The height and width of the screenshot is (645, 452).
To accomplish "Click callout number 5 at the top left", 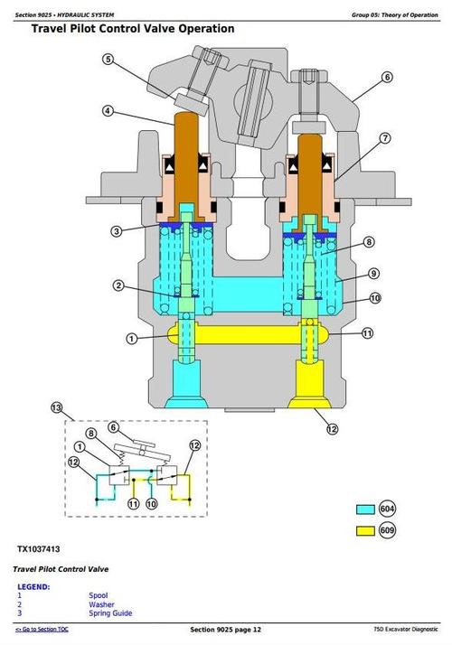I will pyautogui.click(x=108, y=61).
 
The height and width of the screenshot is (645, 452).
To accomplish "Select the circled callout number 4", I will pyautogui.click(x=108, y=112).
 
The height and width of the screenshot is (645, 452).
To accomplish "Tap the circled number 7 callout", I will pyautogui.click(x=384, y=138).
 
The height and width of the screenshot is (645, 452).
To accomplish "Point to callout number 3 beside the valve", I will pyautogui.click(x=117, y=231).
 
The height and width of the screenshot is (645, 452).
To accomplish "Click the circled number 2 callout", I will pyautogui.click(x=118, y=286).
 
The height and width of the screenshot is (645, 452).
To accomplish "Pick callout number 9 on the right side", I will pyautogui.click(x=373, y=273).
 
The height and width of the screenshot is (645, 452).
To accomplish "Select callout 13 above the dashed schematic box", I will pyautogui.click(x=57, y=407).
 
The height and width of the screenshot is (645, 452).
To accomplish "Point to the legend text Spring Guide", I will pyautogui.click(x=110, y=613).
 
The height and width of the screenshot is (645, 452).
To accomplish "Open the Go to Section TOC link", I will pyautogui.click(x=46, y=629).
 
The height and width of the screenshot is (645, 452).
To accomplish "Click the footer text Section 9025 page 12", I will pyautogui.click(x=225, y=629).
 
